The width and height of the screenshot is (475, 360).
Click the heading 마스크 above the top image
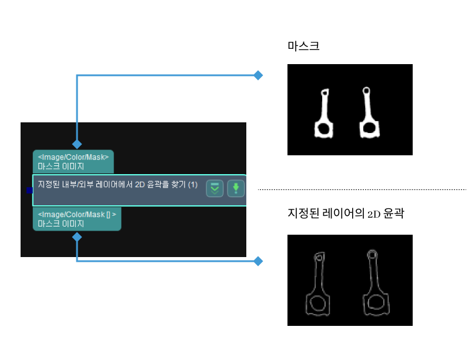tap(303, 45)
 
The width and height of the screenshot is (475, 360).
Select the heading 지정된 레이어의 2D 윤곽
tap(346, 214)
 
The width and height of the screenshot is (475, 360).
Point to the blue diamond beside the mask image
tap(257, 75)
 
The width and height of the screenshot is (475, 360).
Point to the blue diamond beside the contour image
tap(257, 261)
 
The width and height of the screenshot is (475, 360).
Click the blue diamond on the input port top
tap(76, 144)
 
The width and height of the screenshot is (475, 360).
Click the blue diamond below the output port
tap(76, 237)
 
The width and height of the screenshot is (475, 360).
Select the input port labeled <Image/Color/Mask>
tap(73, 162)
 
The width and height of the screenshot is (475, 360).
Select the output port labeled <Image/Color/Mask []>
tap(77, 219)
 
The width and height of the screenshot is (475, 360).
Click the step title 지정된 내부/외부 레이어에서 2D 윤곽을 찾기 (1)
tap(118, 185)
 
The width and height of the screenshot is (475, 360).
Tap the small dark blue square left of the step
tap(29, 190)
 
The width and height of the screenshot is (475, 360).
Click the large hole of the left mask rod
tap(322, 128)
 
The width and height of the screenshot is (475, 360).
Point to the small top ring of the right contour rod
tap(372, 255)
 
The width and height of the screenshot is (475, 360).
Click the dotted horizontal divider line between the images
tap(362, 190)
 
